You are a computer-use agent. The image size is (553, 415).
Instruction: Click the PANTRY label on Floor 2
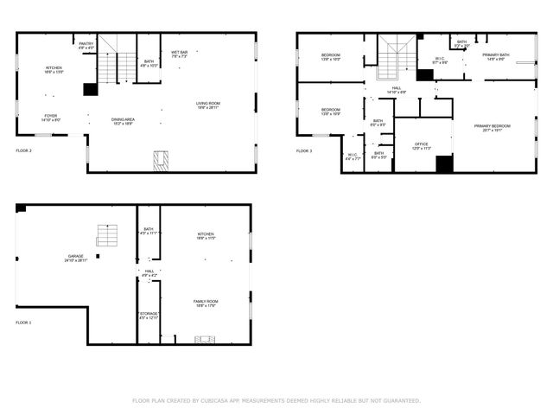86,43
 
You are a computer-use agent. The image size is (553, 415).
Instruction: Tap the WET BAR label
179,52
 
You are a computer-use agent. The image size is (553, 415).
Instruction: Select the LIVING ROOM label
207,104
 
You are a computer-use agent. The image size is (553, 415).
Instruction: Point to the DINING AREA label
123,119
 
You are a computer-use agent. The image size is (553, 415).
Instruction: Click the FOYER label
52,115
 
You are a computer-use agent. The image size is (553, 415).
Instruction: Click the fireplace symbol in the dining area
161,161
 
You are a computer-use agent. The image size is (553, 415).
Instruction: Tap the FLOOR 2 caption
23,150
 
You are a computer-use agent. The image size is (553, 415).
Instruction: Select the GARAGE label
76,256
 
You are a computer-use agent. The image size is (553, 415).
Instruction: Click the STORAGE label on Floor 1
149,314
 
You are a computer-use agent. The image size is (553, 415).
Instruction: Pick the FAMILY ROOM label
205,301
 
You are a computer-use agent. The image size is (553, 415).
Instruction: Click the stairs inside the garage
106,234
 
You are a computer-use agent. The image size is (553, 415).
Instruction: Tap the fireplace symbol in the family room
205,340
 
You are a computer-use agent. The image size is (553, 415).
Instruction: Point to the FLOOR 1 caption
23,322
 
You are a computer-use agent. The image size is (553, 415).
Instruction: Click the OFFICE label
422,144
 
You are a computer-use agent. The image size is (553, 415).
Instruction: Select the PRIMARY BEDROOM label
492,126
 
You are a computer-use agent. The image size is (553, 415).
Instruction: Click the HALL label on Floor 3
397,87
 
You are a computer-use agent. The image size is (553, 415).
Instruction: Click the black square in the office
444,163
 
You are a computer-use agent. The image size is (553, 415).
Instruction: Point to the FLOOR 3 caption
304,150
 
